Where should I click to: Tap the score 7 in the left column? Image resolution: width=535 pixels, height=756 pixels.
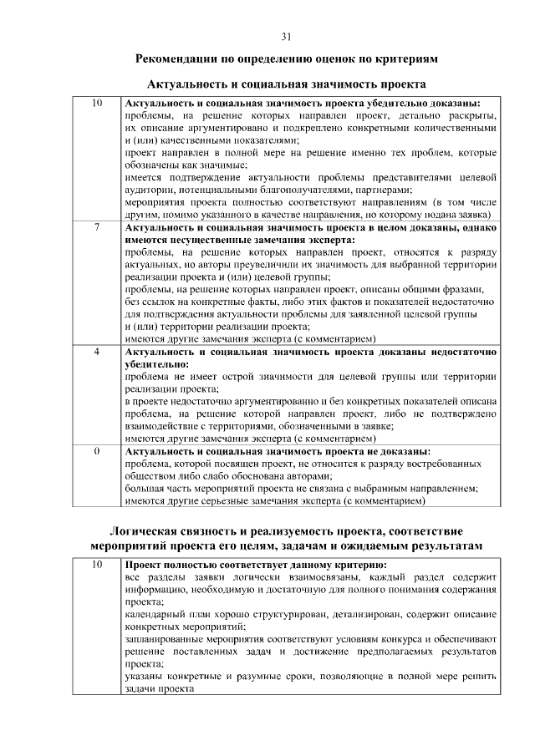(x=97, y=227)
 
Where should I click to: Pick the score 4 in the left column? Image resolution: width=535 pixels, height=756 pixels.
(x=97, y=353)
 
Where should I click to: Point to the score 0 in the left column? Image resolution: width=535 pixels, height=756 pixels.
(x=97, y=451)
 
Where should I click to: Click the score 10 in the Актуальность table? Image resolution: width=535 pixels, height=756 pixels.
(x=97, y=103)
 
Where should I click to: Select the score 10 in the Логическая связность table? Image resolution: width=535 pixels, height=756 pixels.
(x=97, y=565)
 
